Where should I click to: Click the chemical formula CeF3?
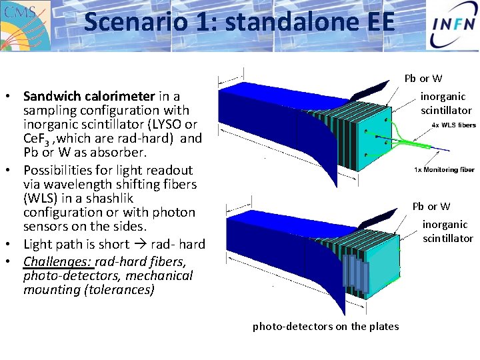point(37,139)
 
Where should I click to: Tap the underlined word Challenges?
point(57,261)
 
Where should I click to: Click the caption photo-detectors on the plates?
point(325,326)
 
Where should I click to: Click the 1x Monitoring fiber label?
point(445,169)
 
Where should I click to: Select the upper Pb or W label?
point(423,79)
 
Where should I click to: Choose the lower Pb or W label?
point(431,207)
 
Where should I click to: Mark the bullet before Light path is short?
point(14,244)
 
